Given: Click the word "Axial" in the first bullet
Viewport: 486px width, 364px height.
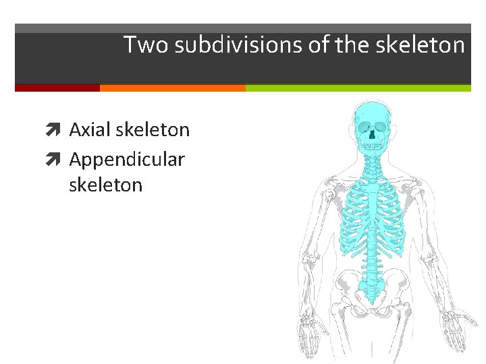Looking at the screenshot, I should [90, 129].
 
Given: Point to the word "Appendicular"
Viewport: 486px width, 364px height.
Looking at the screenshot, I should [126, 160].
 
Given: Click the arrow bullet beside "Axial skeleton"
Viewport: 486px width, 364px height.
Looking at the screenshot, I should [59, 130].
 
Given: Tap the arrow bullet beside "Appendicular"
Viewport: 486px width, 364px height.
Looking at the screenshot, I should [59, 160].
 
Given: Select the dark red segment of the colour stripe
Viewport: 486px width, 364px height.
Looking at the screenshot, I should [57, 88].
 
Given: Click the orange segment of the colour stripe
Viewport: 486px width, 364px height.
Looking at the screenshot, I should [172, 88].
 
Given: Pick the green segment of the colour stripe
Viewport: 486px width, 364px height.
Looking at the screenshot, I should [358, 88].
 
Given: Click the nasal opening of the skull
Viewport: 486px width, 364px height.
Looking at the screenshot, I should [371, 134].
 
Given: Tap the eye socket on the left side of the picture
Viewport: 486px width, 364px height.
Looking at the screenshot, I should [362, 127].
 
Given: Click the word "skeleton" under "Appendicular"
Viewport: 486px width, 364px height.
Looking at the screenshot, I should [105, 185].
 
